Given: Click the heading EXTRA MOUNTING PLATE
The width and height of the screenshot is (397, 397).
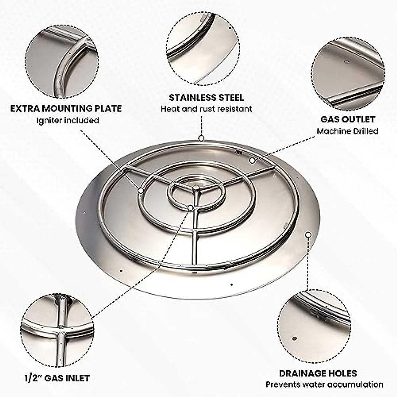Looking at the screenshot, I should [66, 109].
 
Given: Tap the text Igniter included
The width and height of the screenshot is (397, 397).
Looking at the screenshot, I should [67, 120].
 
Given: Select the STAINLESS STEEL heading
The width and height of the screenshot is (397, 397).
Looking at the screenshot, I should [206, 98].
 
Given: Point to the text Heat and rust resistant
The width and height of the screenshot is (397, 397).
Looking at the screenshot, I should [206, 109].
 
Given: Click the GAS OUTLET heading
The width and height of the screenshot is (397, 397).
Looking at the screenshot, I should [348, 119].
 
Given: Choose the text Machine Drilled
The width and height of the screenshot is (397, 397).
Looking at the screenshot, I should [348, 131].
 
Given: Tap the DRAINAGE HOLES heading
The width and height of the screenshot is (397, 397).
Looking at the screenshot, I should [318, 374].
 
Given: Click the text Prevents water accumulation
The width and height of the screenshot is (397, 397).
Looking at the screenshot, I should [324, 384].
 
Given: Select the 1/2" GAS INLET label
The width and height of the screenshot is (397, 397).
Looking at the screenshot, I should [57, 378].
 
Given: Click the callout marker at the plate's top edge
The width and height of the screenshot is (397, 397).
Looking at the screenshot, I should [201, 138].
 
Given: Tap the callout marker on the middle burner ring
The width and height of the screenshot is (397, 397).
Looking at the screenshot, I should [141, 190].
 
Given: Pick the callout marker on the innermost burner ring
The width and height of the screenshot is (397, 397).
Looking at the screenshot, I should [191, 207].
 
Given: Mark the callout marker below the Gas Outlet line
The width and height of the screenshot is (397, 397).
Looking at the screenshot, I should [252, 160].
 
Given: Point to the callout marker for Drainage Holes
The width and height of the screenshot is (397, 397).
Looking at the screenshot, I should [308, 235].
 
